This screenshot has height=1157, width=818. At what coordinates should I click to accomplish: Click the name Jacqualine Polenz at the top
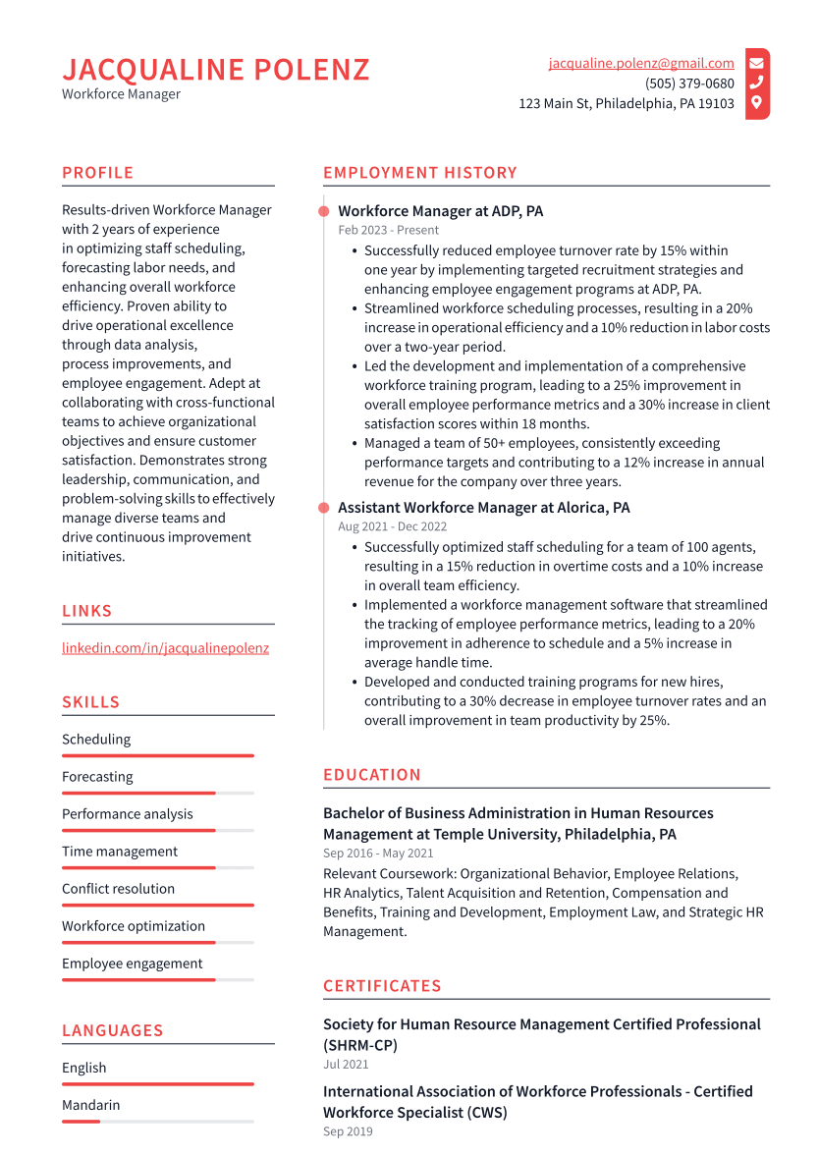216,70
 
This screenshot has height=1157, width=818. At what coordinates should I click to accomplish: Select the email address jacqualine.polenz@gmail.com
640,63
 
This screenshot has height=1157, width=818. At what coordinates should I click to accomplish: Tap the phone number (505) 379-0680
688,83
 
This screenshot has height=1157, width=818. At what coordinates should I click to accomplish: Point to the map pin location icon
756,103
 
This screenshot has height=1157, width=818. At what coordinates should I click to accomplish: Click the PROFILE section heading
97,173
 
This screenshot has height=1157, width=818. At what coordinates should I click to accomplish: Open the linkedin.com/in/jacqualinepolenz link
165,648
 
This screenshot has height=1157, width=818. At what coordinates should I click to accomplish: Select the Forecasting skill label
97,777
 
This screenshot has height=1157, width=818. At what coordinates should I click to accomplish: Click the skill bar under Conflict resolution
157,905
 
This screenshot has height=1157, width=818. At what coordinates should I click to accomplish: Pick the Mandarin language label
90,1105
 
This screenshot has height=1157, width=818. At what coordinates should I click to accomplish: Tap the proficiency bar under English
157,1083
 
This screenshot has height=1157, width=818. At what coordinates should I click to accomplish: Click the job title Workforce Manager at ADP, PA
440,211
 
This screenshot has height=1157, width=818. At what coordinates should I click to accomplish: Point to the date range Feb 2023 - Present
389,230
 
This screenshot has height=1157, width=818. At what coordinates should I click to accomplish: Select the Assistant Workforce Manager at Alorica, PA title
483,508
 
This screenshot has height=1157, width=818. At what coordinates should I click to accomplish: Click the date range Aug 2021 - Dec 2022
392,526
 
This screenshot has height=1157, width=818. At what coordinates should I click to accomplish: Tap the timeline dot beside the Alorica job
323,508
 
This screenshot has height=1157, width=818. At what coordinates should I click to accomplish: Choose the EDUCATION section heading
371,775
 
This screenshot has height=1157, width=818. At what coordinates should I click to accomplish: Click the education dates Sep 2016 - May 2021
378,854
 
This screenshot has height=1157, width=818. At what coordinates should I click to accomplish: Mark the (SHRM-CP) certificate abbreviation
360,1045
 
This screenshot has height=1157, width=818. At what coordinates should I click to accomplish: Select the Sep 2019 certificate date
348,1131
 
